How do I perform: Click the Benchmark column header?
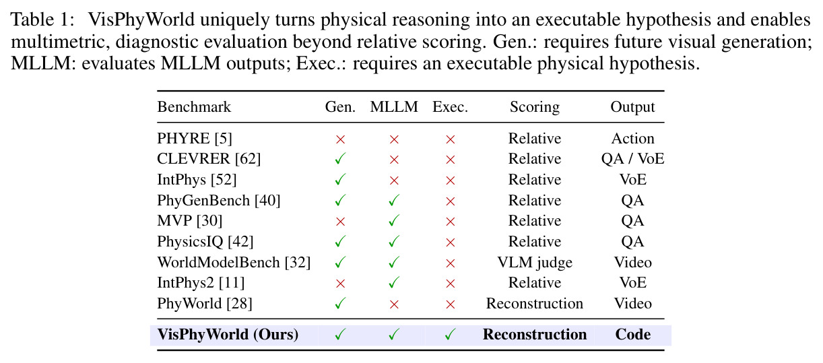point(194,107)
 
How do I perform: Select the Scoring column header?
point(535,107)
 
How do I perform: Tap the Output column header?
point(632,107)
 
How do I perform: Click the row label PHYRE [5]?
point(195,139)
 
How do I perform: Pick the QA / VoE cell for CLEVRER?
point(632,159)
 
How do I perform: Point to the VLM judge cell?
point(535,263)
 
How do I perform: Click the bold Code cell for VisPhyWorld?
point(632,334)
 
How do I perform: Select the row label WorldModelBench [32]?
point(234,263)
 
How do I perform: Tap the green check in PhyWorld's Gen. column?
point(340,303)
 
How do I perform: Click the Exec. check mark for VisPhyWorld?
point(450,334)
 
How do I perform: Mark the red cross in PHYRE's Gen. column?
point(341,139)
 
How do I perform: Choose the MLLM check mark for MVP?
point(394,220)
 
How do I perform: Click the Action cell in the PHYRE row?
point(632,139)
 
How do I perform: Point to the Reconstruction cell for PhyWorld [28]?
point(535,304)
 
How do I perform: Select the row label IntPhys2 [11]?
point(201,283)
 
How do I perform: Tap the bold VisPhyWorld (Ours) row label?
point(228,335)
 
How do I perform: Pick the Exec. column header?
point(450,107)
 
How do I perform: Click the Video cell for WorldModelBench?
point(632,263)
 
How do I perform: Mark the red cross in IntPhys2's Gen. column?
point(341,284)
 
